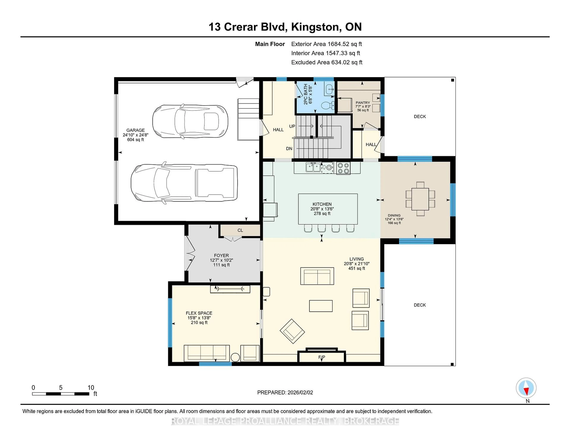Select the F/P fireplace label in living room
point(322,357)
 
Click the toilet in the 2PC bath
point(328,105)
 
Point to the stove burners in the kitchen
point(343,168)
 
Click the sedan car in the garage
point(190,121)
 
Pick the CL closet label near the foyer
point(240,230)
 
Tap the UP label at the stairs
point(292,126)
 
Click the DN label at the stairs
point(289,149)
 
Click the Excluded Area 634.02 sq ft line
point(327,62)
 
